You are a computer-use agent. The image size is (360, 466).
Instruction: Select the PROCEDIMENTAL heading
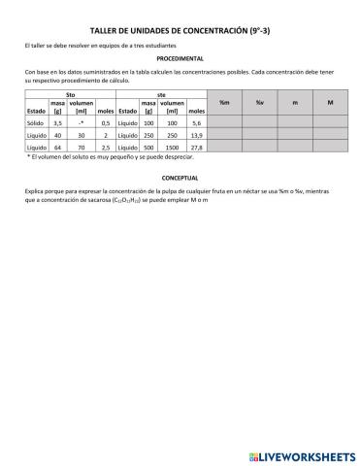point(180,59)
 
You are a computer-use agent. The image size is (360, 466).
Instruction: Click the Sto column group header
point(69,94)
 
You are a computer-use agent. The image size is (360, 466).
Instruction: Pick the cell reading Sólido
point(37,123)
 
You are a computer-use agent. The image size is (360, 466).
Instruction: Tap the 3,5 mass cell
point(57,123)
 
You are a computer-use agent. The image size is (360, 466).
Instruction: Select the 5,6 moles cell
point(197,123)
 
